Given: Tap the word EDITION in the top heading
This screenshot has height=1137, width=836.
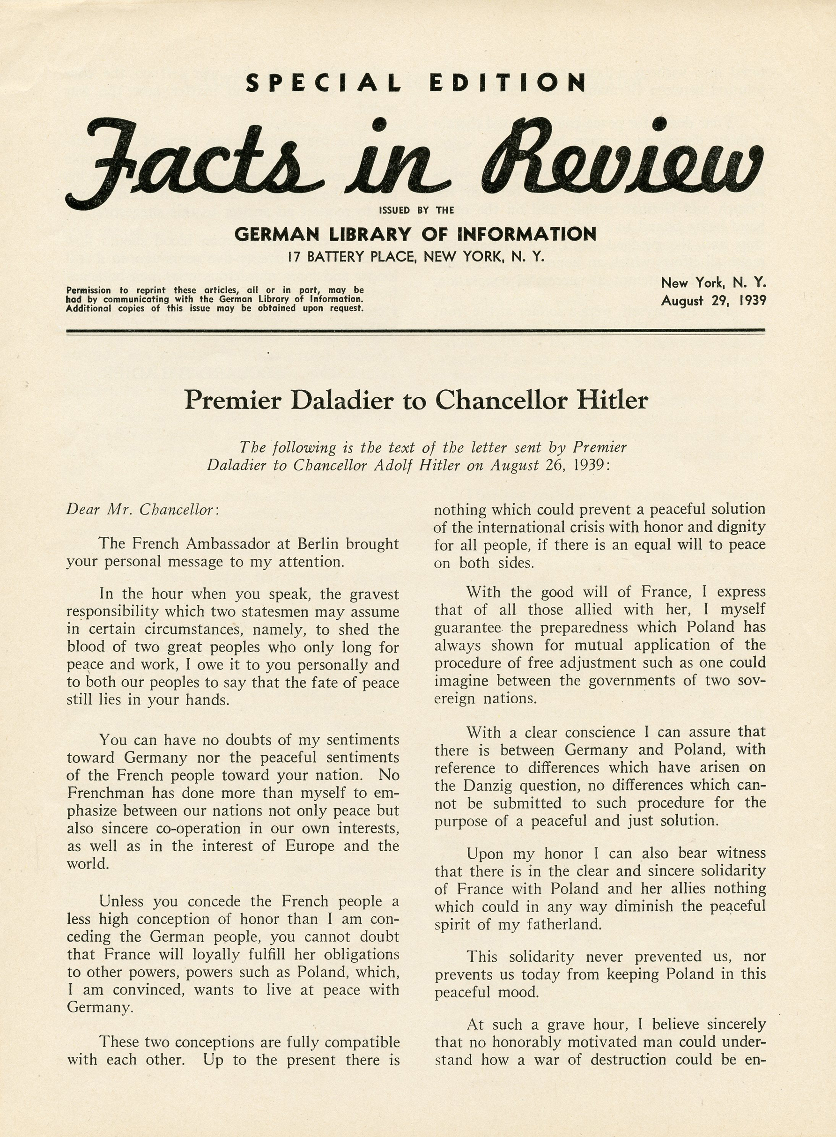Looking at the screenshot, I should coord(508,83).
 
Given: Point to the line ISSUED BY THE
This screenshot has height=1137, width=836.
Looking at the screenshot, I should coord(416,210).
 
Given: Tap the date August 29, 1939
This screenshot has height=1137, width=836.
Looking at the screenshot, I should coord(714,301).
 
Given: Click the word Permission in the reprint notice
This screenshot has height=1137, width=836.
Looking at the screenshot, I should coord(89,290).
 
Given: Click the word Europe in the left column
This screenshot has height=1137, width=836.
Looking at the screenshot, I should coord(310,846).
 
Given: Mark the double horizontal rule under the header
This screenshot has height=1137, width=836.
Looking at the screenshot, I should coord(415,332).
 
